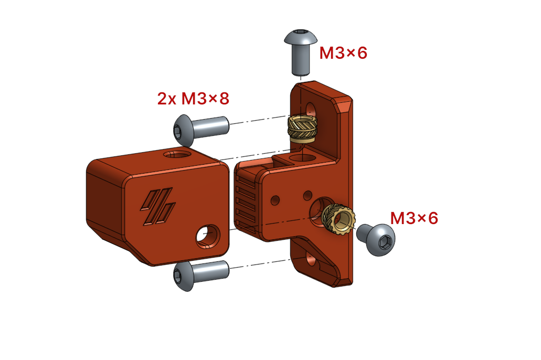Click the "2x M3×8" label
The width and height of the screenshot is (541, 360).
193,98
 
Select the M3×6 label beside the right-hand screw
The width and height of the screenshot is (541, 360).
413,218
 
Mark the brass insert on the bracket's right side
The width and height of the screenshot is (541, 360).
334,218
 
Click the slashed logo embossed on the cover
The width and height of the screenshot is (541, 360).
157,207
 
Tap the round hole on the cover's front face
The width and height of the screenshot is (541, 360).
208,237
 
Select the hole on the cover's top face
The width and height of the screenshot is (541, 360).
176,154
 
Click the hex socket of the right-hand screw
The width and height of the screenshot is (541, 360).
386,242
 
